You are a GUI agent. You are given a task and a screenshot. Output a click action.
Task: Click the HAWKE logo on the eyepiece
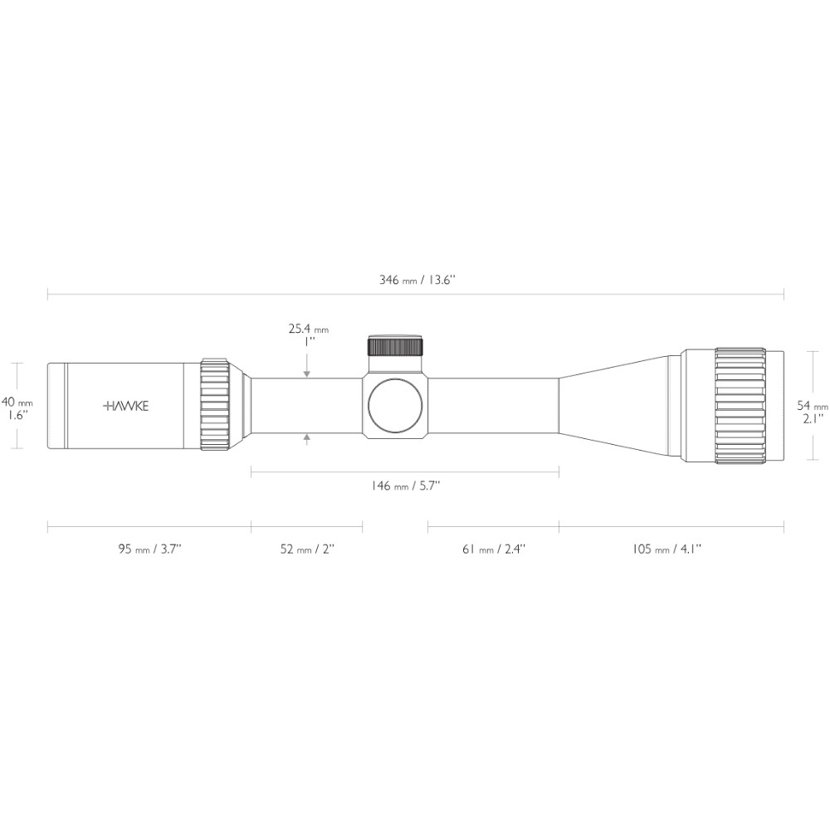[x=125, y=406]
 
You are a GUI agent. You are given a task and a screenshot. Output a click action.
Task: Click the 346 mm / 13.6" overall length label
[x=417, y=280]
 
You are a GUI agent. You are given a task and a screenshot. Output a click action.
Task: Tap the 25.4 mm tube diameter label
[x=309, y=329]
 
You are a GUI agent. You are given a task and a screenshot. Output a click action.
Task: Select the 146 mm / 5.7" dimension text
[x=406, y=486]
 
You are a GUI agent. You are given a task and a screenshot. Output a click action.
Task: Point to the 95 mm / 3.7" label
[x=149, y=549]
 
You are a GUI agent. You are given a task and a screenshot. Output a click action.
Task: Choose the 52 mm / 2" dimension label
[x=307, y=549]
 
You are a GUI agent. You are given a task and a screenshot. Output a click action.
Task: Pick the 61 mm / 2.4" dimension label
[x=494, y=549]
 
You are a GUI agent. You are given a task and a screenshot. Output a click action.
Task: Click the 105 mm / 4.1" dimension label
[x=666, y=549]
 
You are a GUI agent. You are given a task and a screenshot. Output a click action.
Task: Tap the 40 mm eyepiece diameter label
[x=17, y=403]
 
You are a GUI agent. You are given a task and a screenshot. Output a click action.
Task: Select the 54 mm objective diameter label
[x=813, y=406]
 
